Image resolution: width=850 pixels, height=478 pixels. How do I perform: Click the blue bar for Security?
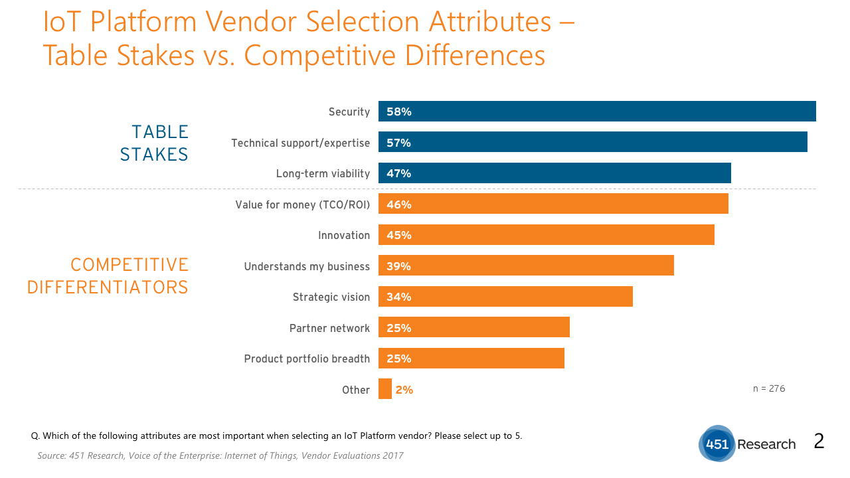tap(597, 112)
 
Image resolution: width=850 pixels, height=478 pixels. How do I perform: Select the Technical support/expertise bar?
tap(592, 142)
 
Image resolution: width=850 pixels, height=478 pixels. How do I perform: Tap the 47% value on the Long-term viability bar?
tap(399, 173)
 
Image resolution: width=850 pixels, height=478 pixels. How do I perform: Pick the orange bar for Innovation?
tap(546, 235)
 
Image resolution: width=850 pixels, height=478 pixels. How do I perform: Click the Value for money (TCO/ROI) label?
tap(302, 204)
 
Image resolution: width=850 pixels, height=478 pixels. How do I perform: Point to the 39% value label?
tap(399, 266)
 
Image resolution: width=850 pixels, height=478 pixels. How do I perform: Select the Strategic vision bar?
tap(505, 297)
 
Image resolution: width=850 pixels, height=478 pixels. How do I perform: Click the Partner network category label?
tap(329, 328)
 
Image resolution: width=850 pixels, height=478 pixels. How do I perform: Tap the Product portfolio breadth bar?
tap(471, 358)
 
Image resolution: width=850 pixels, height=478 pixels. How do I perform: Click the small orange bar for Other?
tap(385, 389)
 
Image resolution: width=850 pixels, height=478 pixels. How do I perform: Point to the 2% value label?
tap(404, 390)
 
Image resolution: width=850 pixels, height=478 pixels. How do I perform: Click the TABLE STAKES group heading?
tap(154, 143)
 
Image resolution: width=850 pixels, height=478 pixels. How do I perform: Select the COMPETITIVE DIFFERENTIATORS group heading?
tap(108, 276)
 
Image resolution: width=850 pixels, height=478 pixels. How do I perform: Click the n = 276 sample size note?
tap(769, 388)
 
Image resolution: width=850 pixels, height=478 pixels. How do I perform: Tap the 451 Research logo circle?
tap(717, 444)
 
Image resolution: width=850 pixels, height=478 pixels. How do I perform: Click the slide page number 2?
tap(819, 441)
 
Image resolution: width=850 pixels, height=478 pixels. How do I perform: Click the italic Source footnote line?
tap(220, 455)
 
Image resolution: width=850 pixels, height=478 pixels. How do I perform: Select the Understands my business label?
tap(307, 266)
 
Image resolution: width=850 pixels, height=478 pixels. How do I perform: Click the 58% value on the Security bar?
tap(399, 112)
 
